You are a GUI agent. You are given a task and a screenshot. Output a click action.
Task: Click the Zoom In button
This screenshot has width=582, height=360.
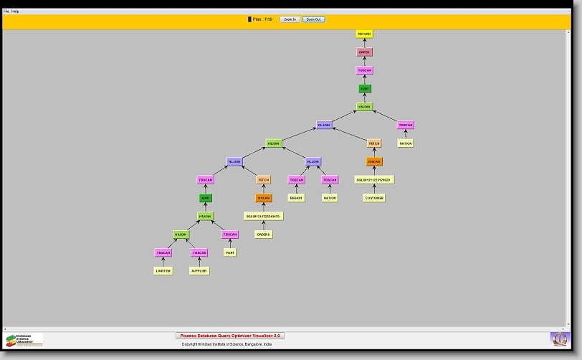(289, 19)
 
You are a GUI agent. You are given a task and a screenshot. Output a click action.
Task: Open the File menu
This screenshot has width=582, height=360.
(6, 11)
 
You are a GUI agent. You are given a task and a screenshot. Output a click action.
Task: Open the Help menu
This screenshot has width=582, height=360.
(15, 11)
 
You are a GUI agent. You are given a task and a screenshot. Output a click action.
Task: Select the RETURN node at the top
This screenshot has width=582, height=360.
(365, 34)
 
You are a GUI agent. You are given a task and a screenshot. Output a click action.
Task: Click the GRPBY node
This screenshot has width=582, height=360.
(365, 52)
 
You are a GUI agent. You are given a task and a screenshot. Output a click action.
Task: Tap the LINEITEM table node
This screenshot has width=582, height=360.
(163, 271)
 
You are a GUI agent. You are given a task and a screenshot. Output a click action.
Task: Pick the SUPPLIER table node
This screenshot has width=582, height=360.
(199, 271)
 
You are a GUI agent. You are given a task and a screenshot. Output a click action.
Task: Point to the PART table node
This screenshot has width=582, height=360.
(229, 252)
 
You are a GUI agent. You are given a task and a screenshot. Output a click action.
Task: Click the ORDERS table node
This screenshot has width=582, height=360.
(263, 234)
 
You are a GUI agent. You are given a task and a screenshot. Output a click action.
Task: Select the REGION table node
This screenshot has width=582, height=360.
(296, 198)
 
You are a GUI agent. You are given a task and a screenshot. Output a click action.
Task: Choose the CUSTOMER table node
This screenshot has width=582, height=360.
(373, 198)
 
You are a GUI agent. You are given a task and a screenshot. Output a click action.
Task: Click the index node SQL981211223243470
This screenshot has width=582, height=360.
(263, 216)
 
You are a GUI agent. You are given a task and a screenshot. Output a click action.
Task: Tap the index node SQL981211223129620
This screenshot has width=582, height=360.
(373, 179)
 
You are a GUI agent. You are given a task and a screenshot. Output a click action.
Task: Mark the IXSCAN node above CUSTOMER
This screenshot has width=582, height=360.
(374, 161)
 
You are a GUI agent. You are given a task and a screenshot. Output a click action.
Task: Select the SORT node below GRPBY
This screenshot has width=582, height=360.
(365, 89)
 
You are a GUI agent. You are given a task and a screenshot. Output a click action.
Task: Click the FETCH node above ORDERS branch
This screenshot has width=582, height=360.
(263, 179)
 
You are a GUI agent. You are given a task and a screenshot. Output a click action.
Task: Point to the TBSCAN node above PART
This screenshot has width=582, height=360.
(229, 235)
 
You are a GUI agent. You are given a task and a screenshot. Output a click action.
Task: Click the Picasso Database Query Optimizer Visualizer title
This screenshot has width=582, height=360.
(230, 336)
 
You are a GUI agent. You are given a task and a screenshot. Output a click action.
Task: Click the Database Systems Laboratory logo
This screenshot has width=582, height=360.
(24, 340)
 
